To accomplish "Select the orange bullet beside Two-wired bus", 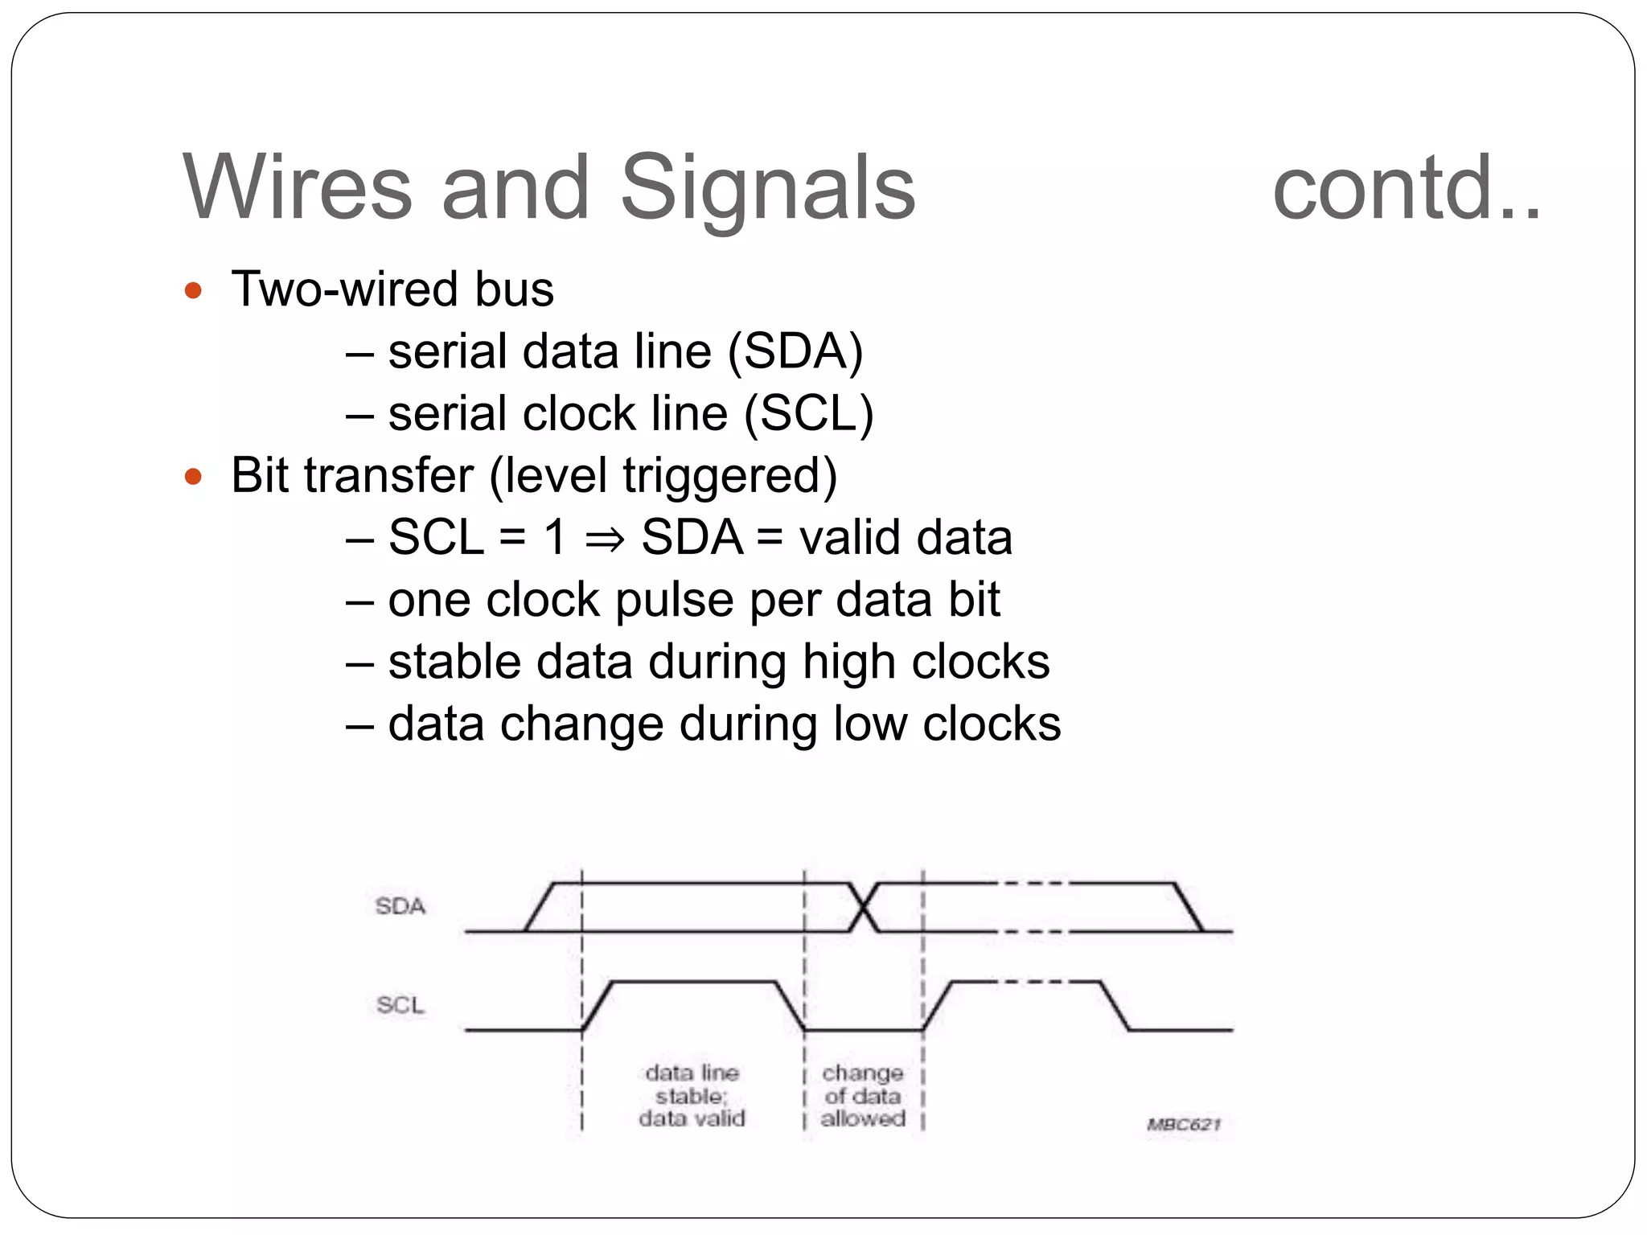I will [193, 290].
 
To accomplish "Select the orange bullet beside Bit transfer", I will [193, 477].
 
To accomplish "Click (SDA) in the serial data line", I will [795, 351].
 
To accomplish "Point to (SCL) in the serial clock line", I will [808, 414].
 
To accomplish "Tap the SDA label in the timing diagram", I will [400, 906].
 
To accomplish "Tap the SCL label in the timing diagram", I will [400, 1005].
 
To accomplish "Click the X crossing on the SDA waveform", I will [863, 908].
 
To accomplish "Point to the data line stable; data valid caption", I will [692, 1095].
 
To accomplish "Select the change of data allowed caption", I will [863, 1095].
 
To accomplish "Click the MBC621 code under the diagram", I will [1183, 1124].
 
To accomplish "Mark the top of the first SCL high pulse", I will [693, 982].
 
